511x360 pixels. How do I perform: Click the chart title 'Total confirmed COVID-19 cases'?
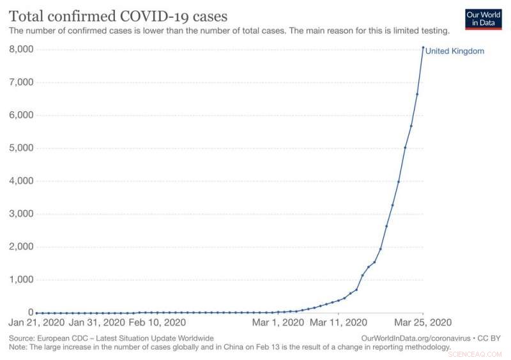pos(118,15)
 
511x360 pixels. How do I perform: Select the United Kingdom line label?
pos(455,51)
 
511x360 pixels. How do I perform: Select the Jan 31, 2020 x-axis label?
pos(97,324)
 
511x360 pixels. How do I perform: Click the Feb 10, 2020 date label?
pos(157,324)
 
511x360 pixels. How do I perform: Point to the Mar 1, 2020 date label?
pos(278,324)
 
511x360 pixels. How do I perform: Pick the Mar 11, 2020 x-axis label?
pos(339,324)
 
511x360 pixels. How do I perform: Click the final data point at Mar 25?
pos(423,47)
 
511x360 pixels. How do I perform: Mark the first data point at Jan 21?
pos(36,313)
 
